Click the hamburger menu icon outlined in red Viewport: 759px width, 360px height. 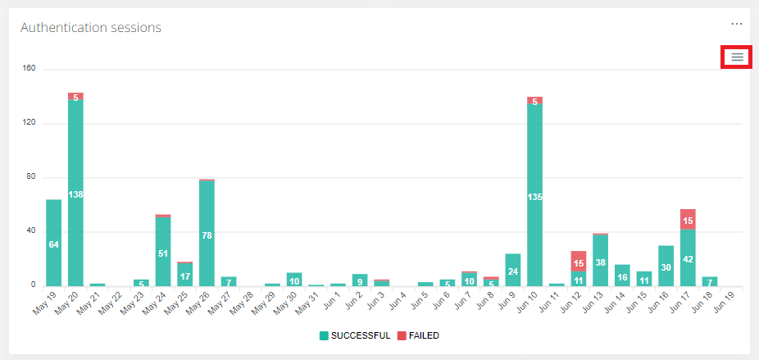pos(737,57)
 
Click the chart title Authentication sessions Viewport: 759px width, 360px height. pos(90,27)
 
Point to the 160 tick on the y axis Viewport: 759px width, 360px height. pos(29,69)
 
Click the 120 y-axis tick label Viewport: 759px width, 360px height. pos(29,123)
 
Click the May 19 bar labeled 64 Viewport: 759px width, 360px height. pos(54,243)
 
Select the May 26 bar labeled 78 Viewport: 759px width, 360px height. pos(207,234)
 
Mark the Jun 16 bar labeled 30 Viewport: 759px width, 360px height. pos(666,266)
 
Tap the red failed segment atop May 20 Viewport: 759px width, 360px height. pos(75,96)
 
